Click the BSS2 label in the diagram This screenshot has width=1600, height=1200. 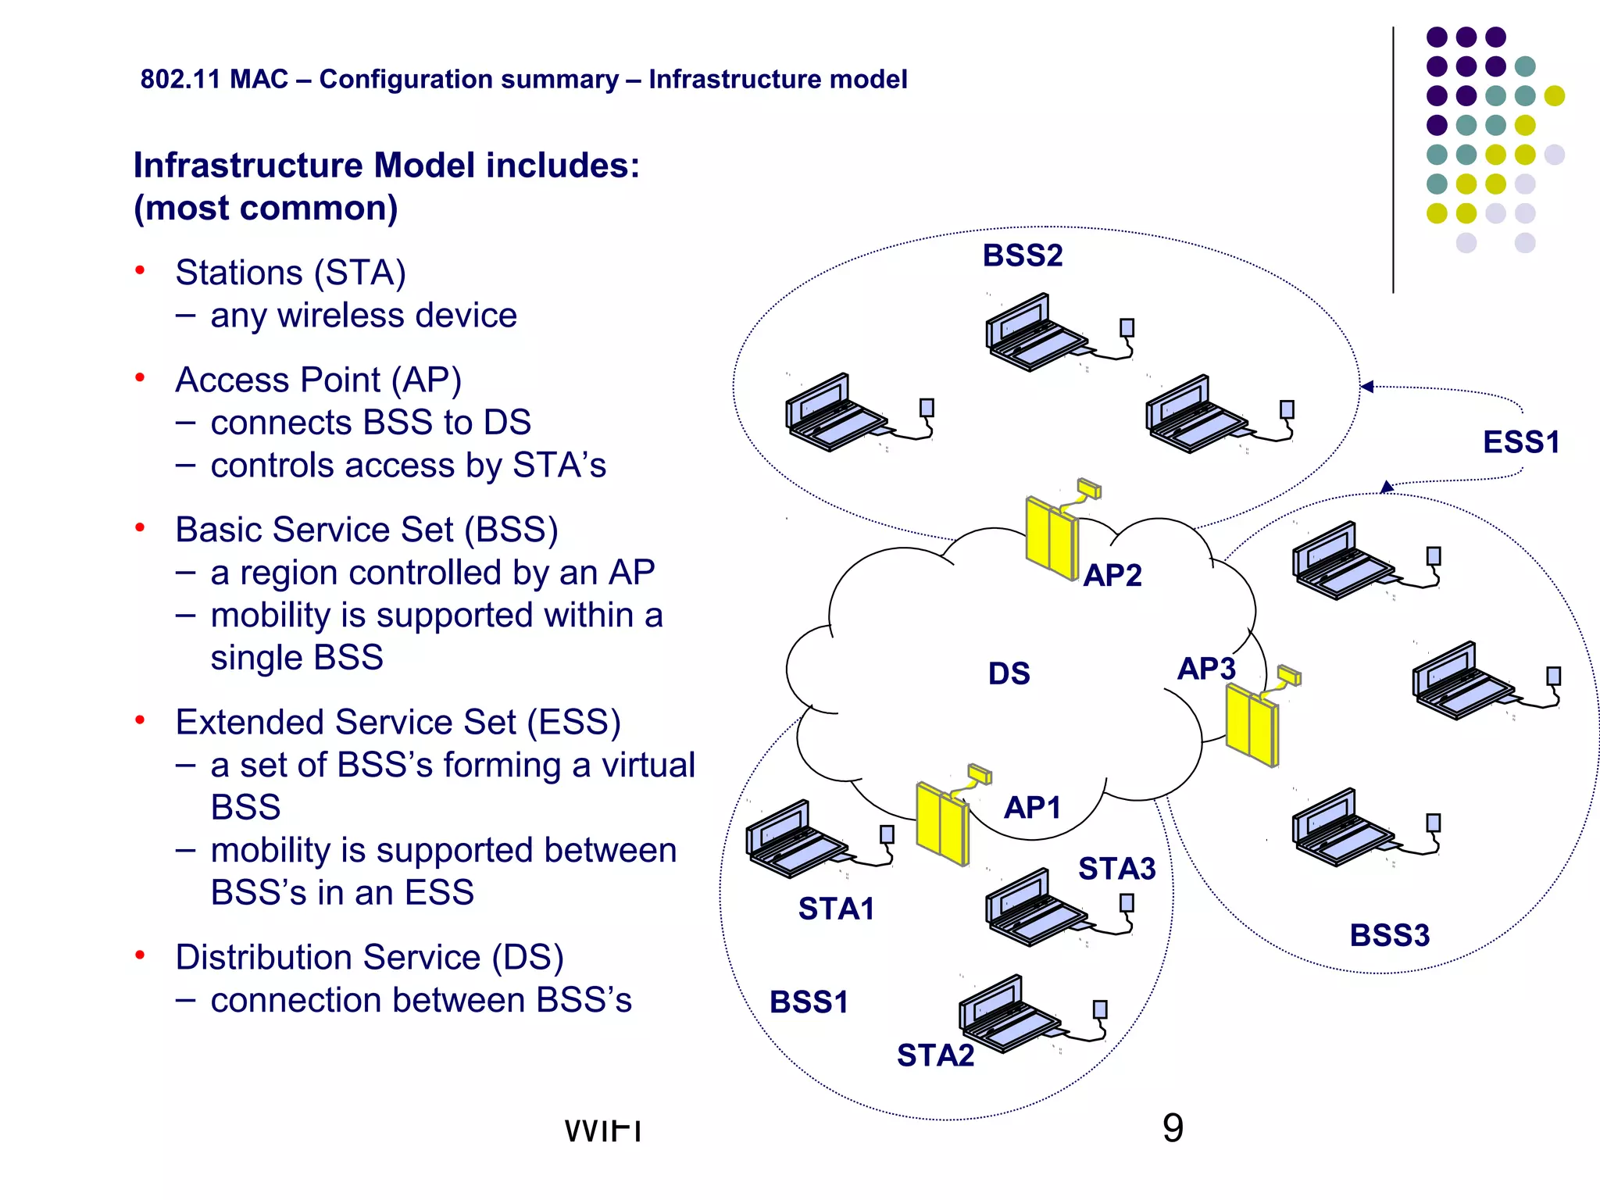coord(1022,256)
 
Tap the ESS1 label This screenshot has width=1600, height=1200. coord(1520,442)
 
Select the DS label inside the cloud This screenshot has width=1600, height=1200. coord(1009,673)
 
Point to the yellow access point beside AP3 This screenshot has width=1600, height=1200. coord(1252,724)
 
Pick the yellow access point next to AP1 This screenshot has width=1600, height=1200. coord(943,823)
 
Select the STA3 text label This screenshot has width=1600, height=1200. coord(1116,869)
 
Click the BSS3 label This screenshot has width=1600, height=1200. coord(1389,935)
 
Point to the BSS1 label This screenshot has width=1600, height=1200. coord(809,1002)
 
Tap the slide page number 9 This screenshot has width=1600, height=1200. coord(1173,1128)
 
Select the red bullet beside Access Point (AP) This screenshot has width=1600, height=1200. coord(140,378)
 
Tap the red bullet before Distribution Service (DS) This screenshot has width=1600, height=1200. coord(140,955)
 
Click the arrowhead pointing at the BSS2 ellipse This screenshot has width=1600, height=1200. coord(1366,387)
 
